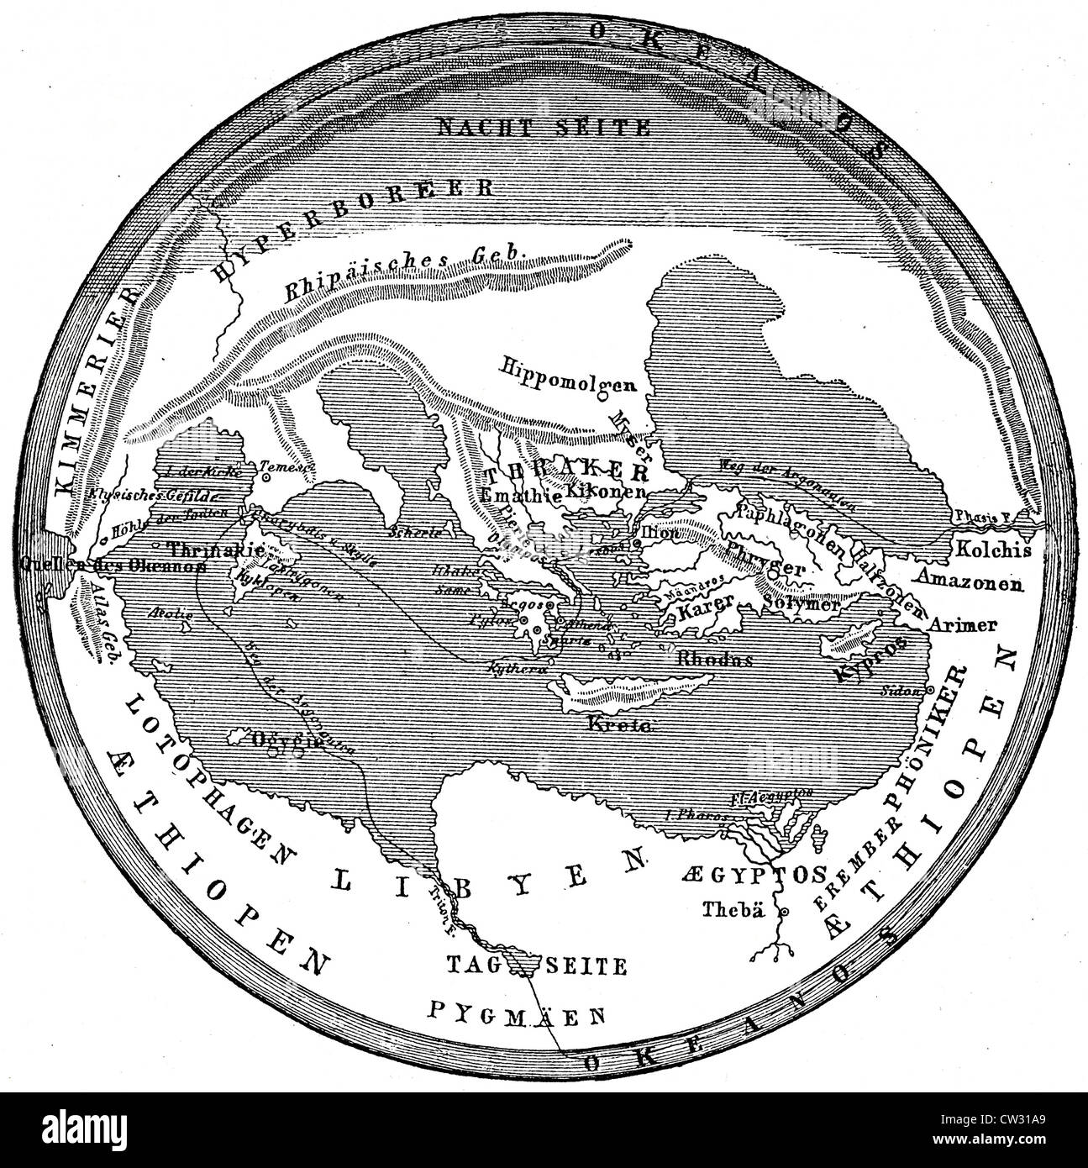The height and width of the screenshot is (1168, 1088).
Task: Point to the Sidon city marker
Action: click(929, 690)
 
